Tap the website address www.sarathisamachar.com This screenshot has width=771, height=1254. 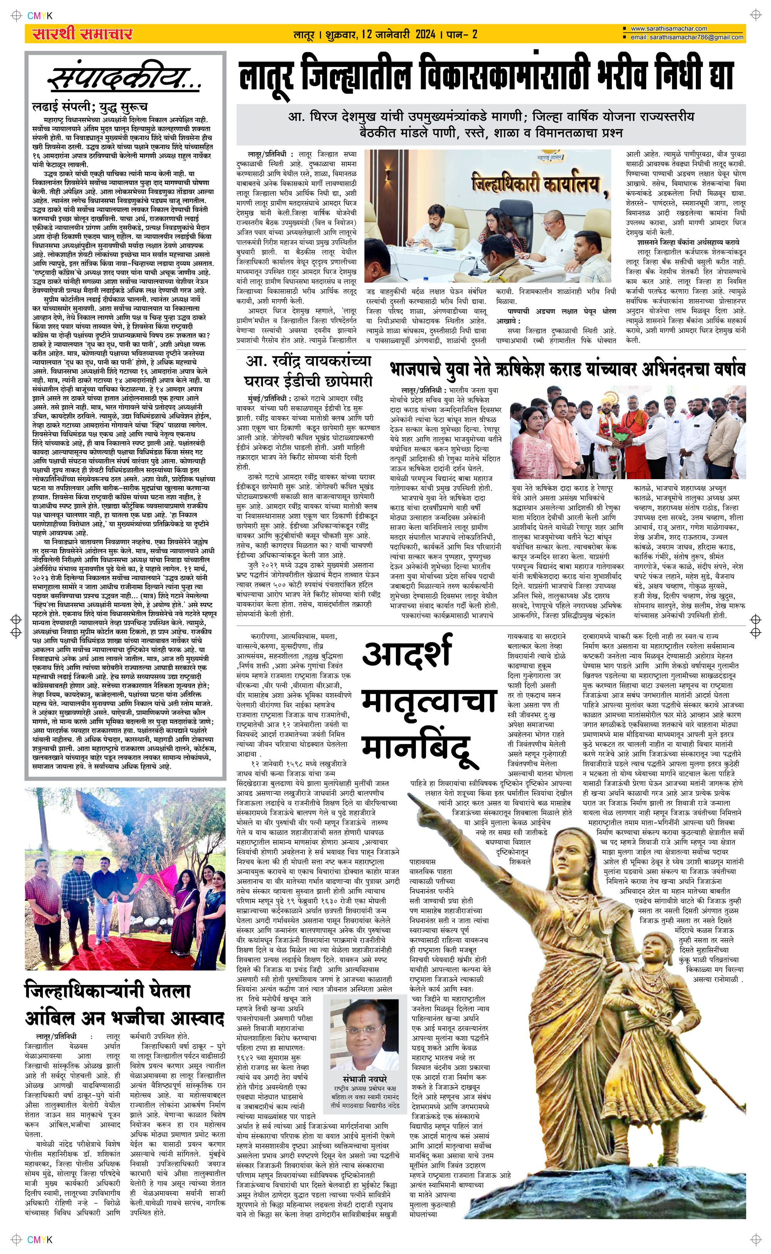coord(668,29)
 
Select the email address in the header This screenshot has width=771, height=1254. coord(686,37)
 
